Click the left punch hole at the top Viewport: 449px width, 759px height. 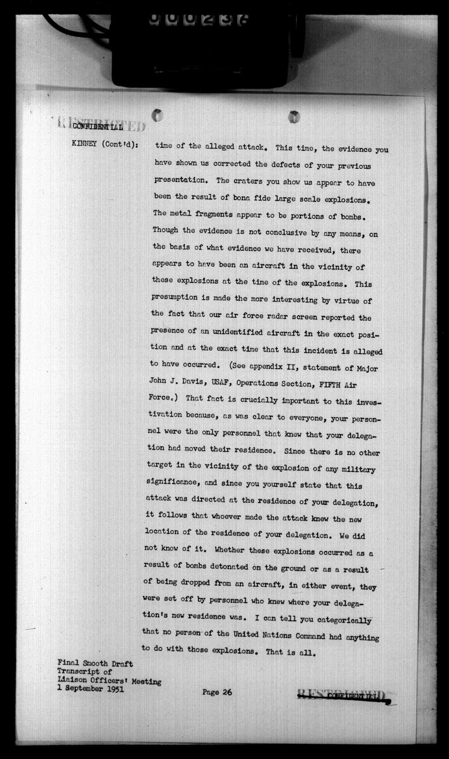(157, 116)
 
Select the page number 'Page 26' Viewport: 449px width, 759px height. (217, 692)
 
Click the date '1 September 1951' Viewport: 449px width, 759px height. (91, 689)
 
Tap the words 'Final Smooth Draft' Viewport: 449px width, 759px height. (95, 664)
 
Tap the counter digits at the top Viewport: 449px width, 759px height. (199, 19)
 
